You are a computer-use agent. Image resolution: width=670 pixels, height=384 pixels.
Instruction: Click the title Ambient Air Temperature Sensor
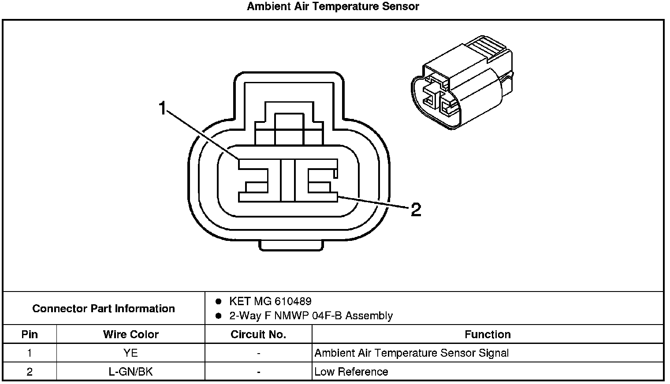tap(333, 7)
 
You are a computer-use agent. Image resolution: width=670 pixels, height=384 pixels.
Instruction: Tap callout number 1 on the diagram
tap(163, 108)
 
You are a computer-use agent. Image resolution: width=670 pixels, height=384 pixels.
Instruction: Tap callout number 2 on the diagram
tap(416, 210)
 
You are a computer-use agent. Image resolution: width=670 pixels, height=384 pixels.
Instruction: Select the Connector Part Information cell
tap(104, 308)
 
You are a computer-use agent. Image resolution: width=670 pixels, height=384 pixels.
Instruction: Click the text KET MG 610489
tap(270, 301)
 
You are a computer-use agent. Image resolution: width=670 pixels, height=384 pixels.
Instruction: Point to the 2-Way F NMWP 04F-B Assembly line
tap(311, 316)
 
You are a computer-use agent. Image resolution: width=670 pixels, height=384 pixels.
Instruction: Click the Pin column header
tap(30, 334)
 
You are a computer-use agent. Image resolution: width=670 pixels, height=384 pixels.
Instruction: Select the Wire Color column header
tap(130, 334)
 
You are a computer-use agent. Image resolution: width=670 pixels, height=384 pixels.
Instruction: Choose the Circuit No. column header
tap(258, 334)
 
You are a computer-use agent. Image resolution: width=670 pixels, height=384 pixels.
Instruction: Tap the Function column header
tap(488, 334)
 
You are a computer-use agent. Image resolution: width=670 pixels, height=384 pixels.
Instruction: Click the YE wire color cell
tap(130, 353)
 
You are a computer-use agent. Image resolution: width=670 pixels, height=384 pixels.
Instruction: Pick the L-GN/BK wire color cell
tap(130, 372)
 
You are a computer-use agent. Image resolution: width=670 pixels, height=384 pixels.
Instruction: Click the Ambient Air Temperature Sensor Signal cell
tap(412, 353)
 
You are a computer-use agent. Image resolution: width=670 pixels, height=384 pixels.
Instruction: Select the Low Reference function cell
tap(351, 372)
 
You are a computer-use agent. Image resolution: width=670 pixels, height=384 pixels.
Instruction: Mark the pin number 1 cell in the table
tap(30, 353)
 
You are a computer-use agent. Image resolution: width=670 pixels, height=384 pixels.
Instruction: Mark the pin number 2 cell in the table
tap(30, 372)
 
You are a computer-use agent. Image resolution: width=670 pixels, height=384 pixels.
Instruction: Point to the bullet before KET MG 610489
tap(218, 302)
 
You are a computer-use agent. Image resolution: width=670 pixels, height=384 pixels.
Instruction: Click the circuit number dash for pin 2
tap(258, 372)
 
